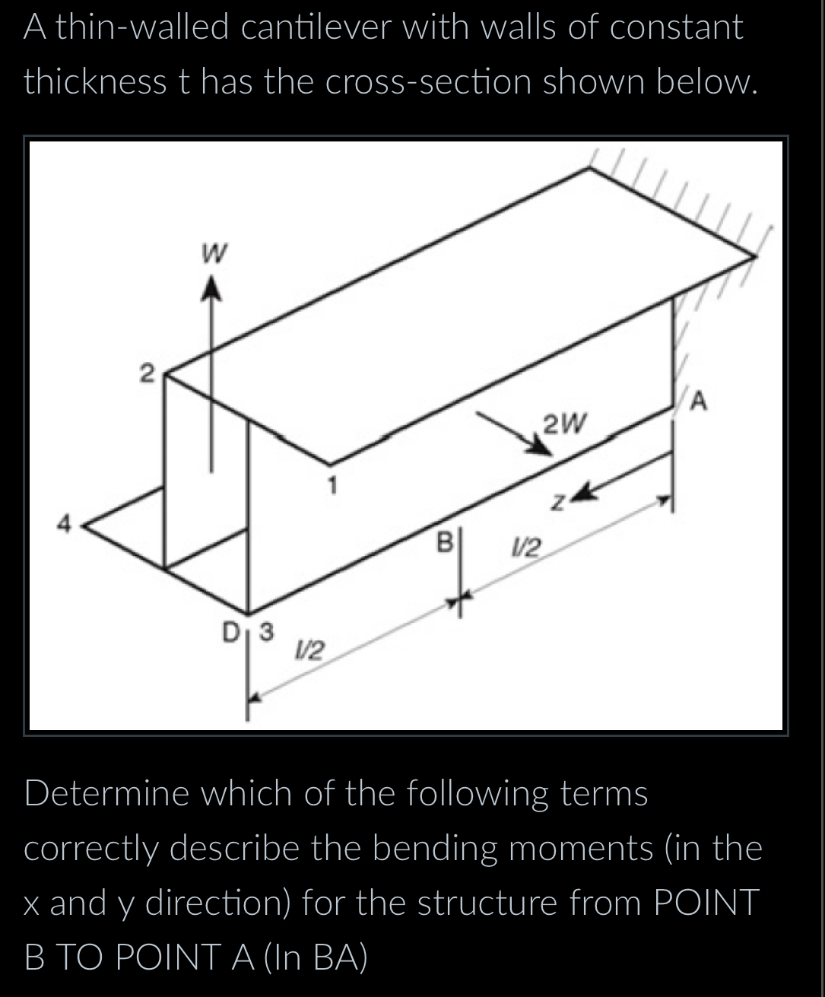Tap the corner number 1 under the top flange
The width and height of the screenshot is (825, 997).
tap(331, 482)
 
